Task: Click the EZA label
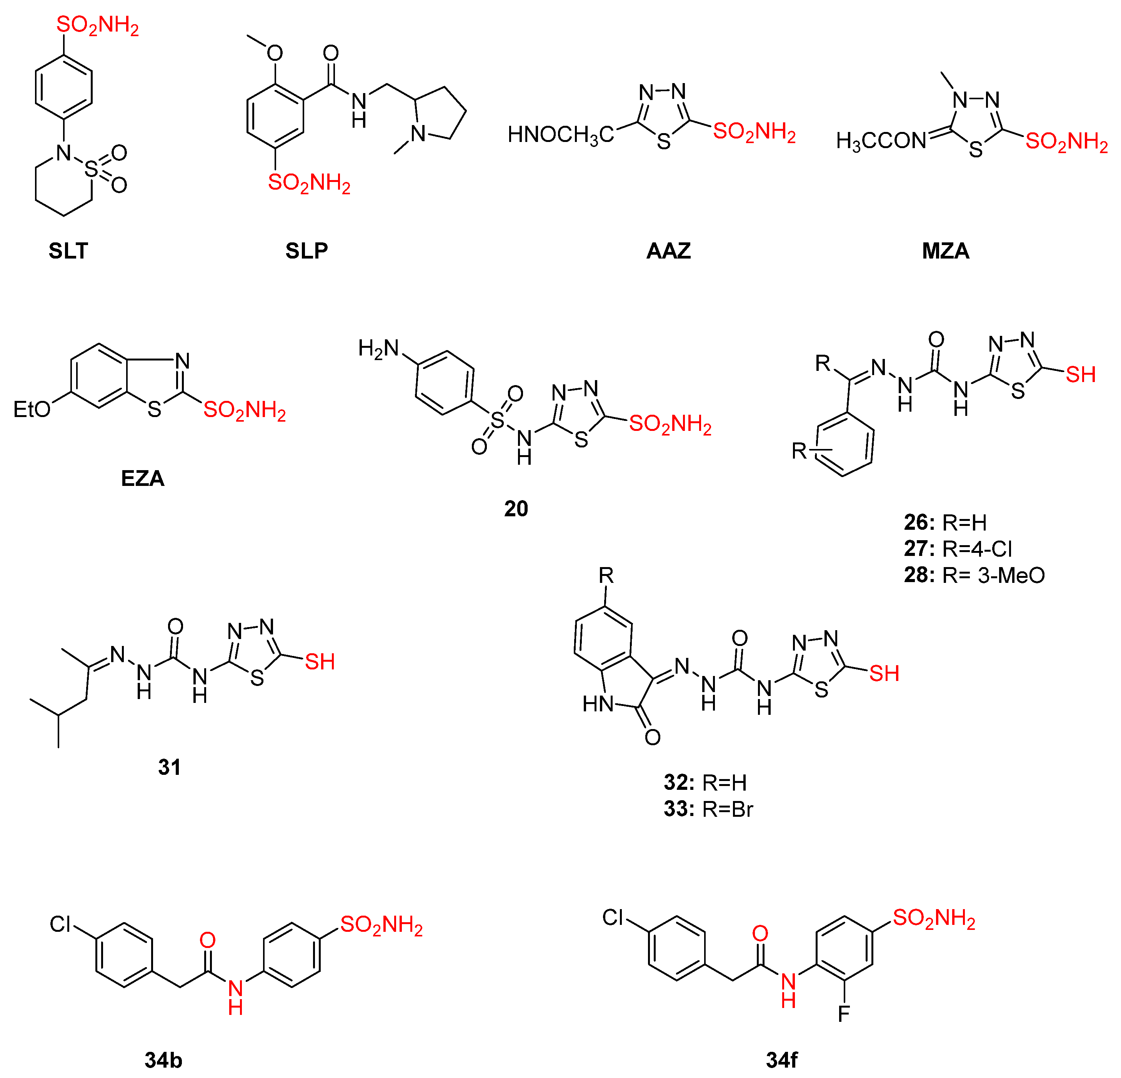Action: [142, 478]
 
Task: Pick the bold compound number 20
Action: [516, 509]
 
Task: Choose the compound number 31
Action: [169, 767]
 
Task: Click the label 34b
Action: [163, 1060]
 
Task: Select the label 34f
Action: [782, 1060]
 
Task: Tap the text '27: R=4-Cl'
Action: [958, 549]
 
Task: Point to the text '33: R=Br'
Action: [708, 809]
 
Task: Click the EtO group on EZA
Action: [32, 410]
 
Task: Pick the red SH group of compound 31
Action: [320, 662]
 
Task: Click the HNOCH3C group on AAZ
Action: [561, 135]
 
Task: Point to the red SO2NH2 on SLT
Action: [97, 26]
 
